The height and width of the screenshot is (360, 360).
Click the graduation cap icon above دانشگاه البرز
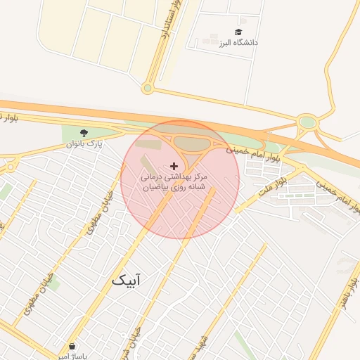point(238,32)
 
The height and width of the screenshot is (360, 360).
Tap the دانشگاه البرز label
point(238,43)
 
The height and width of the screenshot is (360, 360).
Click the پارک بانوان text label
point(84,143)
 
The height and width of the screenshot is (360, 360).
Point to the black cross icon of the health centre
point(174,167)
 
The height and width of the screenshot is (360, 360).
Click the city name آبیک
point(126,281)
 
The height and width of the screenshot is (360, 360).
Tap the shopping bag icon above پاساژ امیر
point(72,346)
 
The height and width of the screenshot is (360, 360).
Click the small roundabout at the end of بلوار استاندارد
point(147,88)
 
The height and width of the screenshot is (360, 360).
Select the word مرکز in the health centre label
point(200,178)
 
